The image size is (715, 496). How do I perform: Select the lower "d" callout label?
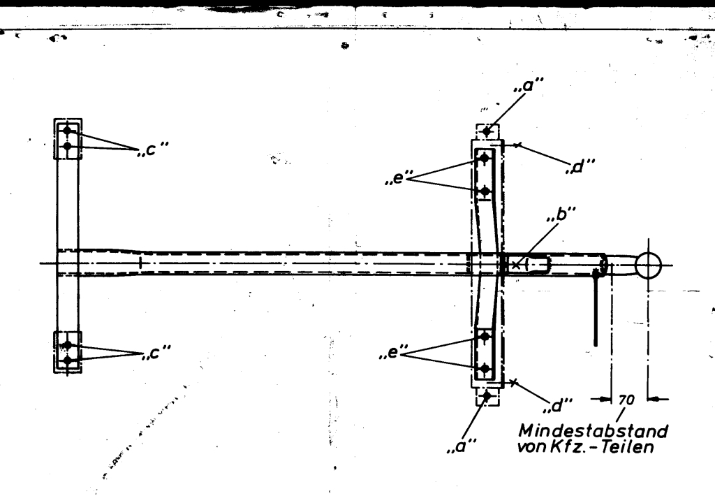pos(560,405)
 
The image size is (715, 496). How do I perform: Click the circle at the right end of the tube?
pos(649,265)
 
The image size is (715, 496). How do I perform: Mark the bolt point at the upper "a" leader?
pos(487,131)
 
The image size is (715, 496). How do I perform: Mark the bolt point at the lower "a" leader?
pos(487,397)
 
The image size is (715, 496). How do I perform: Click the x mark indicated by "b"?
pos(515,264)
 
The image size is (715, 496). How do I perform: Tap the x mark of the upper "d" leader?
pos(517,145)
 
